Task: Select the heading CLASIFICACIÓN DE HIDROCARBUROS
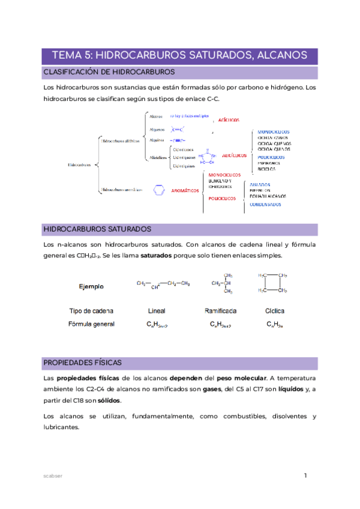click(109, 73)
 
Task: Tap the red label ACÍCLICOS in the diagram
click(232, 120)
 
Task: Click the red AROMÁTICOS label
click(185, 190)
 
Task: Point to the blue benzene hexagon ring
click(159, 190)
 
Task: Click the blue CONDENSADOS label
click(265, 204)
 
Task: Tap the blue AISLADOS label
click(260, 184)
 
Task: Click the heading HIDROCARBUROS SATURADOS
click(97, 229)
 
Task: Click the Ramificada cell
click(220, 311)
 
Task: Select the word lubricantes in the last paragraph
click(62, 427)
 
